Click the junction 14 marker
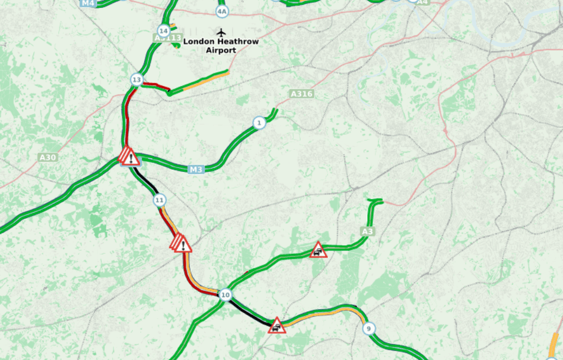click(x=164, y=30)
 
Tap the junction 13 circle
click(x=136, y=80)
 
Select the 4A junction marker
click(x=222, y=11)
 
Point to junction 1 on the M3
click(x=259, y=123)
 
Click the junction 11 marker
click(x=160, y=200)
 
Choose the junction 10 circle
click(x=225, y=295)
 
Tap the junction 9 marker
click(x=369, y=329)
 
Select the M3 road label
click(x=196, y=169)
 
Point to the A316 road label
click(x=302, y=94)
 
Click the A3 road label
click(x=368, y=231)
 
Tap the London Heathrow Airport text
click(x=221, y=46)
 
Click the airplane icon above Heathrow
click(x=221, y=32)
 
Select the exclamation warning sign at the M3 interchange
click(x=129, y=157)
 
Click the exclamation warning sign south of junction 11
click(x=182, y=244)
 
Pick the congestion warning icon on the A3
click(x=318, y=250)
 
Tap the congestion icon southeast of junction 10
click(x=277, y=326)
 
